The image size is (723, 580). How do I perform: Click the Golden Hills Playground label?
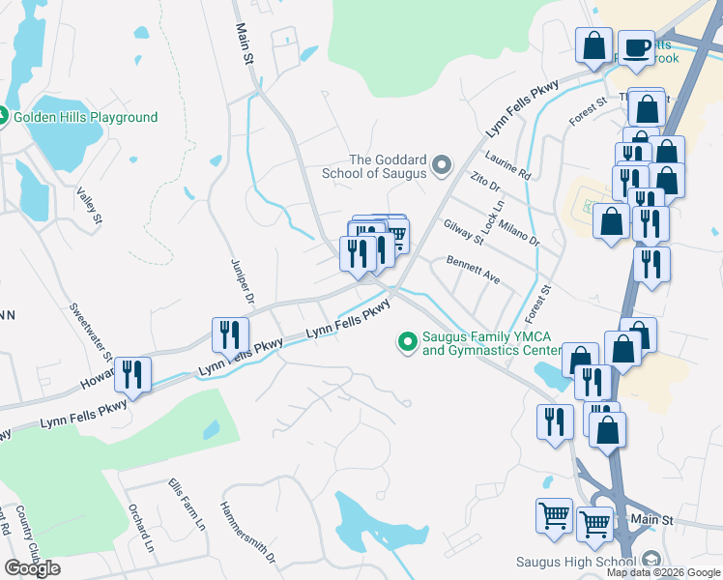tap(85, 117)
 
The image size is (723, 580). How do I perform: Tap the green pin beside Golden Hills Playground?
tap(2, 117)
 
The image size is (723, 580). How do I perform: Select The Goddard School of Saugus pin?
tap(443, 166)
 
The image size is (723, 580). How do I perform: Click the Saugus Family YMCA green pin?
tap(407, 341)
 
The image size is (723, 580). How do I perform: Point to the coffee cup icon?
tap(636, 47)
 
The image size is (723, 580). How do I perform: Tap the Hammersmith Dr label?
tap(248, 532)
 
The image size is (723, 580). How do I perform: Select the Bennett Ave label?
tap(473, 269)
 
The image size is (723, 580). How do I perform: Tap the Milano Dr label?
tap(518, 231)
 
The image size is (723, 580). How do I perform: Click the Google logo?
tap(32, 568)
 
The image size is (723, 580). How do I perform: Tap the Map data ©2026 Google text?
tap(663, 572)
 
